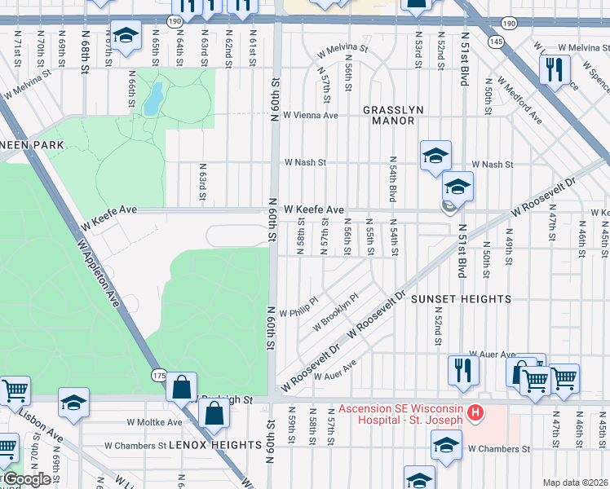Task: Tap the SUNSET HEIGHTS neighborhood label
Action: point(461,299)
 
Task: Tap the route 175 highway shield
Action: point(159,374)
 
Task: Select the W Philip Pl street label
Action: point(297,312)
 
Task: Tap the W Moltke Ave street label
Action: point(154,422)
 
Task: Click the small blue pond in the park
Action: point(152,99)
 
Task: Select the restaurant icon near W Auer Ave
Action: point(462,370)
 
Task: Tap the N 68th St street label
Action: point(84,51)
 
